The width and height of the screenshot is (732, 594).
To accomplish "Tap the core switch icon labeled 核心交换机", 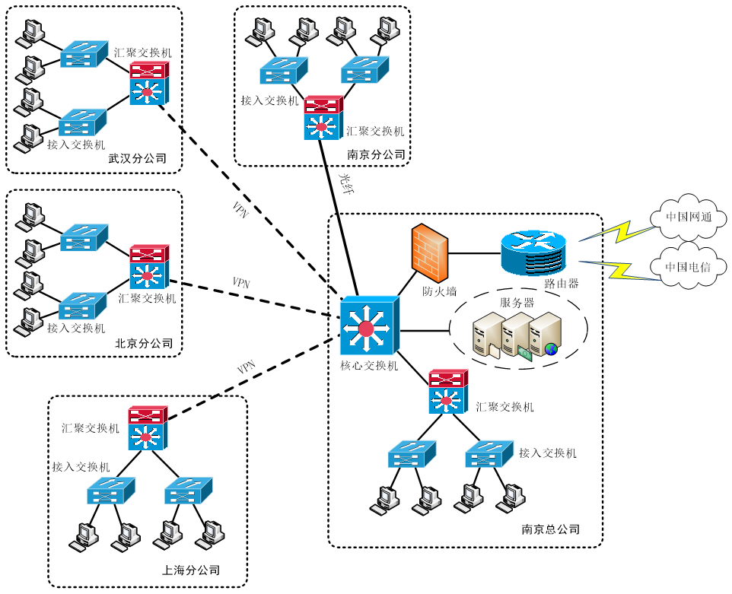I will point(368,326).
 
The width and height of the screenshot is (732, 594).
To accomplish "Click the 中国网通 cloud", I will point(688,218).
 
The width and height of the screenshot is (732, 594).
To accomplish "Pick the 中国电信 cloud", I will point(688,268).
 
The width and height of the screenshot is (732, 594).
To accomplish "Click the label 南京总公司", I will point(551,529).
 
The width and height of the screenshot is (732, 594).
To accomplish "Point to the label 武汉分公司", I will point(137,159).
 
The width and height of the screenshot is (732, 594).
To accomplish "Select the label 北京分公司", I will point(144,344).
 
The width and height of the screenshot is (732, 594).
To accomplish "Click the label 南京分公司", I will point(376,154).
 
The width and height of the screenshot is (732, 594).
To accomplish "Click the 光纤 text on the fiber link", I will point(345,183).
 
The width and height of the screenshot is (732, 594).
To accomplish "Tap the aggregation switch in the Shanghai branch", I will point(148,427).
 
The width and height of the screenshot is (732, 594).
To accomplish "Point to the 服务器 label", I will point(517,302).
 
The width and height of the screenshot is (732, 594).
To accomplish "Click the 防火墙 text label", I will point(440,291).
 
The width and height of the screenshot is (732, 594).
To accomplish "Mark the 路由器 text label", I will point(562,284).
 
